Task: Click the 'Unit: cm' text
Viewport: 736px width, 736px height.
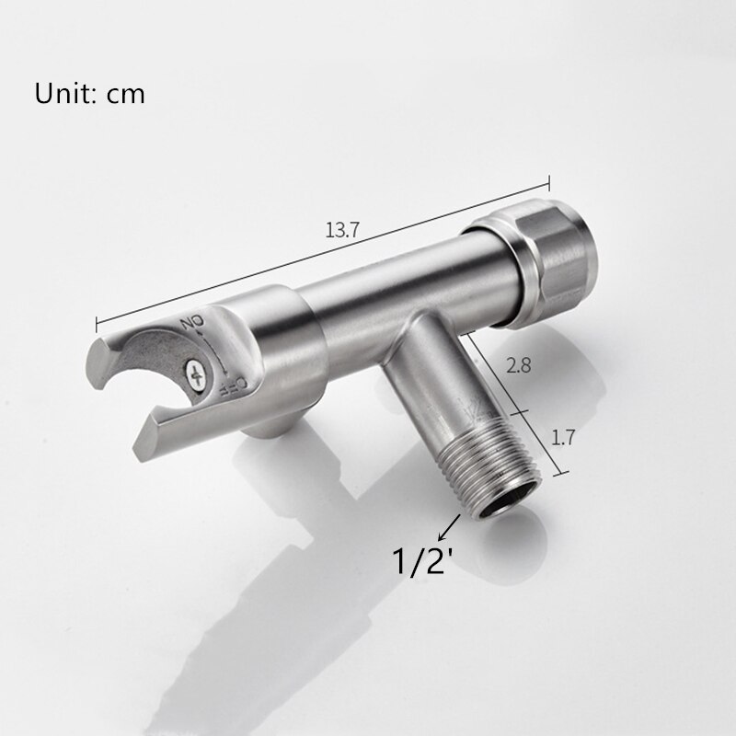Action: pos(90,94)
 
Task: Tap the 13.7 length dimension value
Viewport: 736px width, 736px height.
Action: pos(340,230)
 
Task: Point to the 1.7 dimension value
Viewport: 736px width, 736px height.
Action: pos(563,438)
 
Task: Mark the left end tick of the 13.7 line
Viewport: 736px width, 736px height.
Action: pos(98,323)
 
